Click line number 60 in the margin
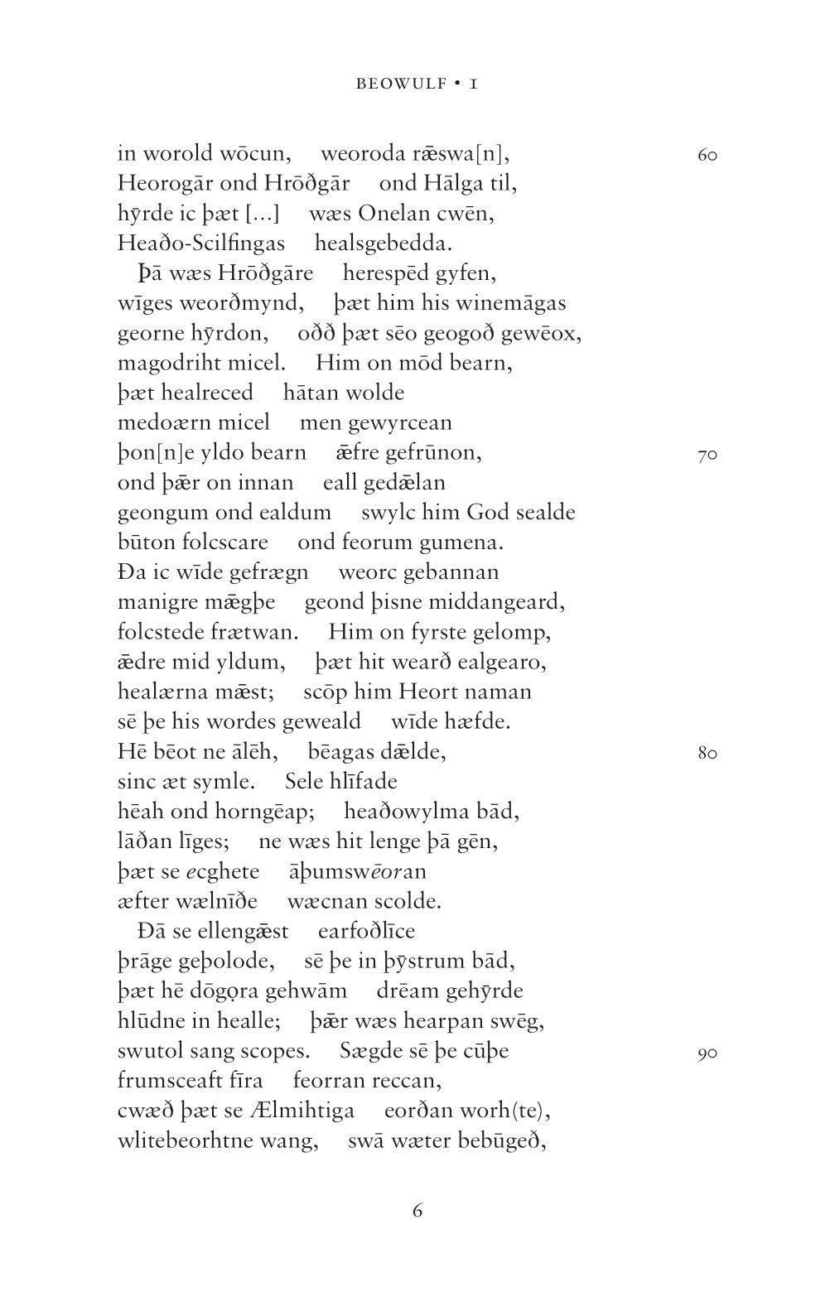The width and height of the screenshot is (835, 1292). point(707,155)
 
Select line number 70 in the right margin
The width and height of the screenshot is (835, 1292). point(707,455)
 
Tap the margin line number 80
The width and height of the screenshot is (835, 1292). point(707,754)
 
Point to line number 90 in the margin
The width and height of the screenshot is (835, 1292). point(707,1053)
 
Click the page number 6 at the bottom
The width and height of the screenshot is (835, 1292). point(417,1211)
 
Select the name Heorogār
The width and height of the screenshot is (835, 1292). point(166,184)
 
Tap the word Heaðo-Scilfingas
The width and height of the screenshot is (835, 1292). point(201,243)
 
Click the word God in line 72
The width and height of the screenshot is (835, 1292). point(489,513)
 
